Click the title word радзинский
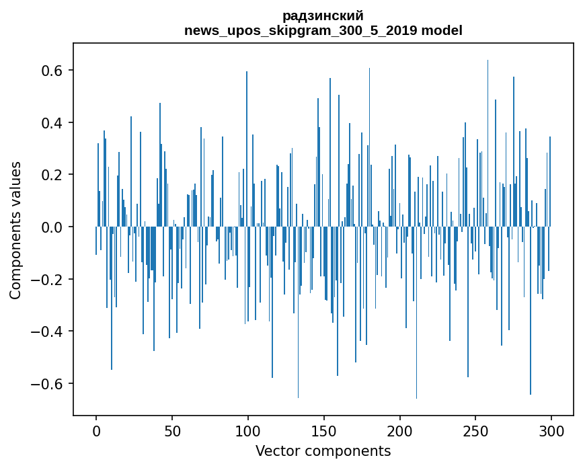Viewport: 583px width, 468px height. click(x=323, y=15)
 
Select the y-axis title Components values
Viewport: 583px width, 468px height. click(x=15, y=230)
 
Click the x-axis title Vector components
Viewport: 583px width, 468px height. click(x=323, y=451)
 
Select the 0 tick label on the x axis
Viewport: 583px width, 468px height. click(x=96, y=430)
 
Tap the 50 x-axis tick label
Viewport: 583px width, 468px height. click(x=172, y=430)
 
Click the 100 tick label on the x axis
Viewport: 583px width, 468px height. click(x=248, y=430)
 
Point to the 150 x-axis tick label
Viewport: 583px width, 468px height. click(x=324, y=430)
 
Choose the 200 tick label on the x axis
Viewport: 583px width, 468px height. click(x=400, y=430)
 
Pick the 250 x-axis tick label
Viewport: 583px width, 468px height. click(x=476, y=430)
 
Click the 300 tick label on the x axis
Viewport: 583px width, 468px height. click(x=551, y=430)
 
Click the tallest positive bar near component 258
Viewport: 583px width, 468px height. click(x=488, y=134)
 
